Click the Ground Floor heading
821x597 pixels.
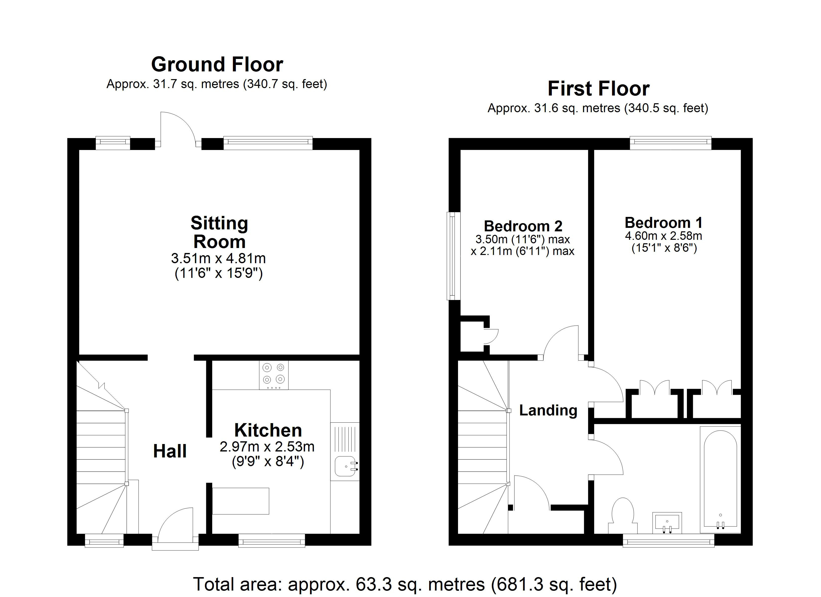tap(217, 64)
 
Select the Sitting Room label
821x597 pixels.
tap(219, 232)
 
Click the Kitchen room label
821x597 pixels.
tap(268, 430)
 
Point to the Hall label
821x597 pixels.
tap(170, 451)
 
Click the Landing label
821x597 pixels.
tap(548, 410)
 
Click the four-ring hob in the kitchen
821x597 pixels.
tap(274, 375)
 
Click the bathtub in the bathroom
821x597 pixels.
tap(720, 479)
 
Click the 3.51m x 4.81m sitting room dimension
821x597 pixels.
tap(218, 258)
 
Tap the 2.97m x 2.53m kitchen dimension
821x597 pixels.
tap(267, 447)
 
